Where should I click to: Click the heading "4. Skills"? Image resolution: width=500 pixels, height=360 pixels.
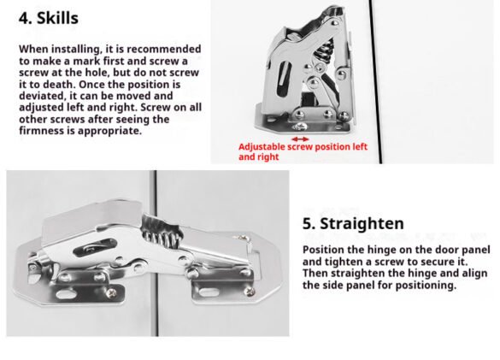click(49, 18)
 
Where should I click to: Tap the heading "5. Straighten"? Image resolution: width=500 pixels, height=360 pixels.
click(353, 223)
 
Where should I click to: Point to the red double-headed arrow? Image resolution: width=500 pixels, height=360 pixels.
click(300, 139)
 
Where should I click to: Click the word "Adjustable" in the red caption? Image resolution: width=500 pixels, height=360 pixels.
click(262, 147)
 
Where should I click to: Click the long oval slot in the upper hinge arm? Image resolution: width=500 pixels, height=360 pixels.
click(284, 78)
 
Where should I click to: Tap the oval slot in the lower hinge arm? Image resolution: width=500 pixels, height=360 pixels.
click(95, 248)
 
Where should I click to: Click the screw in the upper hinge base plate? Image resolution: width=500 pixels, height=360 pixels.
click(300, 127)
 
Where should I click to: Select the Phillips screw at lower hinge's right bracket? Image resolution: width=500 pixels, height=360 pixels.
click(250, 291)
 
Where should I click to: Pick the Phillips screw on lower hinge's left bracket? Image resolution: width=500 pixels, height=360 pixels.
click(111, 292)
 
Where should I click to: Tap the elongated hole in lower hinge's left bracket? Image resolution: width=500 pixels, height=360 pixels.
click(65, 293)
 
